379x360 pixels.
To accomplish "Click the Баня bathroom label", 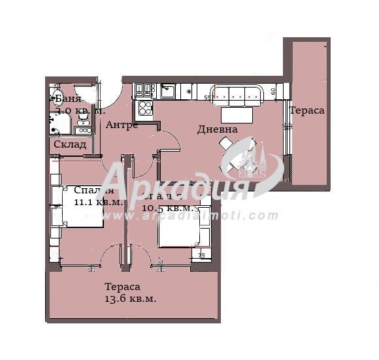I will point(68,99).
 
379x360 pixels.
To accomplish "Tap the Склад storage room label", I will point(70,144).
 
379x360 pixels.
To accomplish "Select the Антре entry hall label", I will point(122,125).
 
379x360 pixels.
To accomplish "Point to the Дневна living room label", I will point(217,129).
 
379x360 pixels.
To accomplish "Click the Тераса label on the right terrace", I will point(307,110).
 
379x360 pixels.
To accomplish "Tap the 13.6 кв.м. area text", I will point(130,299).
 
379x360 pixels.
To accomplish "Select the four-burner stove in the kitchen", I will point(144,107).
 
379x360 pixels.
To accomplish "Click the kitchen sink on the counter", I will point(167,90).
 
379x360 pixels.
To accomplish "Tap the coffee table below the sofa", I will point(236,115).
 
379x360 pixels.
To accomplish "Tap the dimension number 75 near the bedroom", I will point(201,255).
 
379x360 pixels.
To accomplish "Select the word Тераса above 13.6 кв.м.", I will point(122,287).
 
